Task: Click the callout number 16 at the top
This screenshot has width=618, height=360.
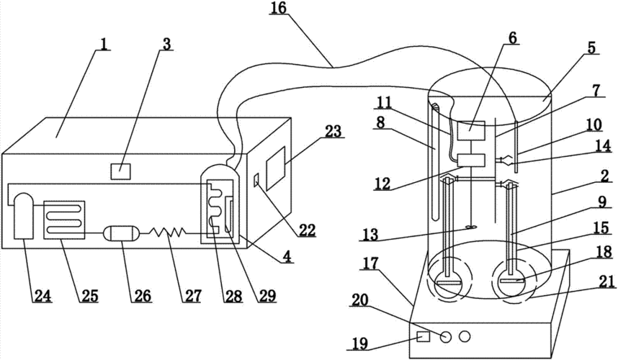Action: (x=278, y=7)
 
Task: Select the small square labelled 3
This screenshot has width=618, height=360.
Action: (x=120, y=172)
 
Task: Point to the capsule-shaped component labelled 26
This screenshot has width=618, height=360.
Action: (x=121, y=233)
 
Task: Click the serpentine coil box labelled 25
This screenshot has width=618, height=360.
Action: (x=64, y=220)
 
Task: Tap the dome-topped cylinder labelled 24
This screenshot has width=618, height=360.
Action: (x=24, y=215)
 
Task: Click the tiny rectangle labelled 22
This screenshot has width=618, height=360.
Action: (x=257, y=180)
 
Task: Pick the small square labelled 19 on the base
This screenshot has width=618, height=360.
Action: (x=424, y=337)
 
